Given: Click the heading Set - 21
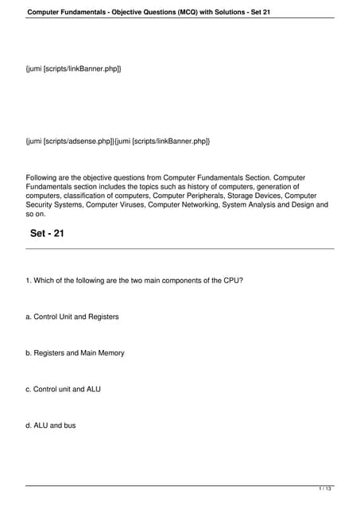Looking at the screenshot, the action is [47, 234].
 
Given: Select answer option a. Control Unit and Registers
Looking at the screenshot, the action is [72, 317].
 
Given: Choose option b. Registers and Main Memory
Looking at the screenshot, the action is [75, 353].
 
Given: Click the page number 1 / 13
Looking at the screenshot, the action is [324, 488].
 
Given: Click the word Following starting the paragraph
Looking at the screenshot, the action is [44, 177].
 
